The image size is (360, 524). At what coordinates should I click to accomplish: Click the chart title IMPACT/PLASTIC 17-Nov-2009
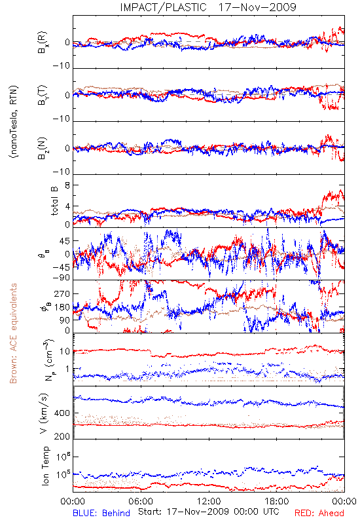[x=208, y=7]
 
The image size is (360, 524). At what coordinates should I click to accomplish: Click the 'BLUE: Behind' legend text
[x=101, y=514]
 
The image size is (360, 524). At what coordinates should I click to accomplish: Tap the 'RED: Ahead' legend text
[x=319, y=514]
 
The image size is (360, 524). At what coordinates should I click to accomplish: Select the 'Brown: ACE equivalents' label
[x=13, y=333]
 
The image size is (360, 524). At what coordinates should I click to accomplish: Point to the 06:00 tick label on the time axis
[x=141, y=501]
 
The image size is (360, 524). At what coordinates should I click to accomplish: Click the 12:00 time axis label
[x=209, y=501]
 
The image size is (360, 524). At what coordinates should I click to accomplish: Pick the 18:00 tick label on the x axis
[x=277, y=501]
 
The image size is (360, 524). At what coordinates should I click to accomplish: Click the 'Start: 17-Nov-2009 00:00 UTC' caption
[x=209, y=512]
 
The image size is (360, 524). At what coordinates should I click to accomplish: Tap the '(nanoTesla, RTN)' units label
[x=14, y=122]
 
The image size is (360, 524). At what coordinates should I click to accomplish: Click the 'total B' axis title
[x=54, y=200]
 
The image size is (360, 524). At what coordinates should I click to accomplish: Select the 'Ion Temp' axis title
[x=46, y=466]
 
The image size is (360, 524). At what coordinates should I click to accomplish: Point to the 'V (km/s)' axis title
[x=45, y=413]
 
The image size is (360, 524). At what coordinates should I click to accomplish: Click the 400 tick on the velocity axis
[x=62, y=413]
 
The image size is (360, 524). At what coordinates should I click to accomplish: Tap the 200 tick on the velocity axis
[x=62, y=436]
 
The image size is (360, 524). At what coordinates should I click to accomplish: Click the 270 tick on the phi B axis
[x=62, y=293]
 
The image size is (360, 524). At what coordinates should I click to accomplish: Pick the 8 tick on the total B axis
[x=67, y=185]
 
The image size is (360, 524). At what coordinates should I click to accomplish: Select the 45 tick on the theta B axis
[x=65, y=241]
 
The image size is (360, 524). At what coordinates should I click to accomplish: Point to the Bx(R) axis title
[x=43, y=42]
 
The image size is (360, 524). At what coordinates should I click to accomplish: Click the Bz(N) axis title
[x=43, y=148]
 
